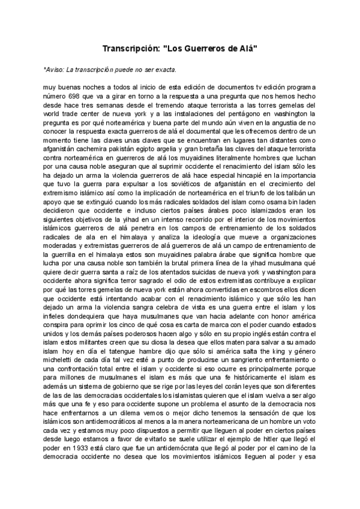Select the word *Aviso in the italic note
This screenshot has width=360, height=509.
click(53, 69)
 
